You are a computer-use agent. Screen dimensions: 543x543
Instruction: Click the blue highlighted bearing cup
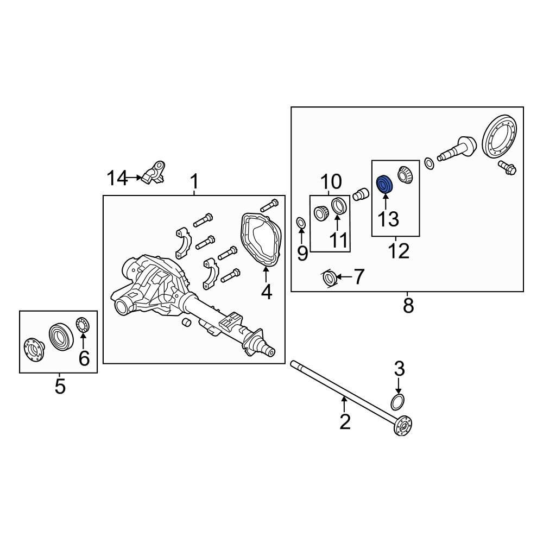(x=384, y=184)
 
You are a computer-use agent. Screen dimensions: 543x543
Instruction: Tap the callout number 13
(x=388, y=219)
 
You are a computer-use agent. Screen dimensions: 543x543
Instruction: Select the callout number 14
(x=117, y=178)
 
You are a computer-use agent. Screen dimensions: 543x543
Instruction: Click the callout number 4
(x=266, y=292)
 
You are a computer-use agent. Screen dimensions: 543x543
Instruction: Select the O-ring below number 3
(x=397, y=402)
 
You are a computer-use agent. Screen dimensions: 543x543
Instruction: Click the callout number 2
(x=345, y=421)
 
